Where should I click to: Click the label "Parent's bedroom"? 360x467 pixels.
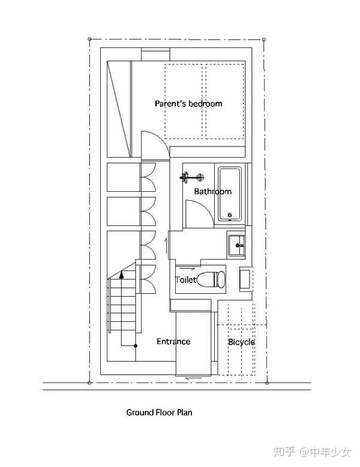[188, 104]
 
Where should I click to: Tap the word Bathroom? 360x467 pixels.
[212, 192]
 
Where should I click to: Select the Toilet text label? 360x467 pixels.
[185, 280]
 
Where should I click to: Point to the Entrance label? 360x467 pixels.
[173, 342]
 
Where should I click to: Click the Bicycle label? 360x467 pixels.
[241, 342]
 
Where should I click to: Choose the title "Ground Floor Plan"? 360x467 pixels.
[159, 412]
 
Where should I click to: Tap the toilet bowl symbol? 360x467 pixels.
[212, 279]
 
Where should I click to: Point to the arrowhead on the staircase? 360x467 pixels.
[121, 275]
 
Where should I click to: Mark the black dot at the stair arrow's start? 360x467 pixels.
[136, 346]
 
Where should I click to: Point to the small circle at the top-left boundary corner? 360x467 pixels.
[90, 38]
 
